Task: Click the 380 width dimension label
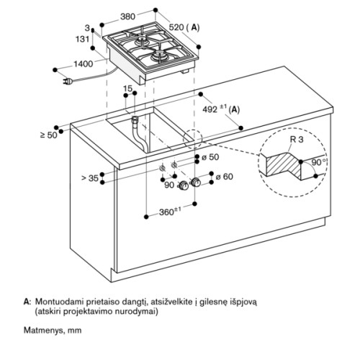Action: [127, 17]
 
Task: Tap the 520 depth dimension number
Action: [176, 27]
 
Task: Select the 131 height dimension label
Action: [83, 39]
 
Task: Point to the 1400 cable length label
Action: [83, 64]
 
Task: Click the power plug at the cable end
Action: [68, 82]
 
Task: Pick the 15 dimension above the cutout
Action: [127, 89]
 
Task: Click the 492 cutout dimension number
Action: [210, 109]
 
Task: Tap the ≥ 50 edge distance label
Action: [49, 135]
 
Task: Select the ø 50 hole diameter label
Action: [210, 157]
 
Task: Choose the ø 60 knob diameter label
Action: [224, 176]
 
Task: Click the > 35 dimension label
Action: [90, 178]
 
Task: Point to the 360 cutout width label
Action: [166, 212]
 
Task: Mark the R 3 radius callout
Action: [297, 140]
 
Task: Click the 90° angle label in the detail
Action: [319, 162]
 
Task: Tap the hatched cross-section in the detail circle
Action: [284, 165]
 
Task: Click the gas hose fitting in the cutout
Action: [135, 120]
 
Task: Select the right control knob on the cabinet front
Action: [196, 182]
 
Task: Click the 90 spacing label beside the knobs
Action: [169, 185]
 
